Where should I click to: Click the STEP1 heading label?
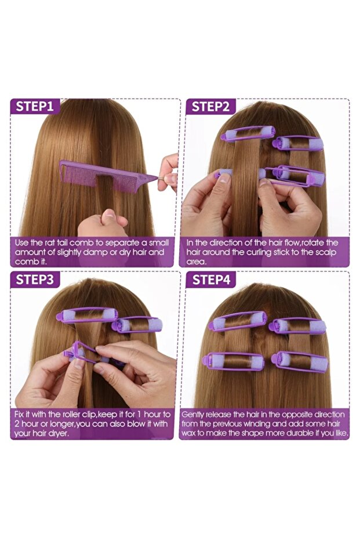tap(35, 106)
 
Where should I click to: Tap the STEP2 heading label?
tap(210, 107)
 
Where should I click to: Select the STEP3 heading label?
tap(35, 280)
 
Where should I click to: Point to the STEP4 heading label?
tap(211, 280)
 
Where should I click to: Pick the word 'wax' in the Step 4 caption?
tap(188, 433)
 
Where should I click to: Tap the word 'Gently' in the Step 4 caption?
tap(192, 415)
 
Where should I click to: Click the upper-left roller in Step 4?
tap(238, 321)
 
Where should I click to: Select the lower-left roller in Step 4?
tap(234, 361)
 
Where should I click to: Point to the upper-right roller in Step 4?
tap(297, 326)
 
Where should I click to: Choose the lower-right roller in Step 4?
tap(300, 361)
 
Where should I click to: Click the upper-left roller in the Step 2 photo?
tap(248, 133)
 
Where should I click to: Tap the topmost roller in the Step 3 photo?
tap(87, 315)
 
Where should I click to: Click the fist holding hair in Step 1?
tap(103, 223)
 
